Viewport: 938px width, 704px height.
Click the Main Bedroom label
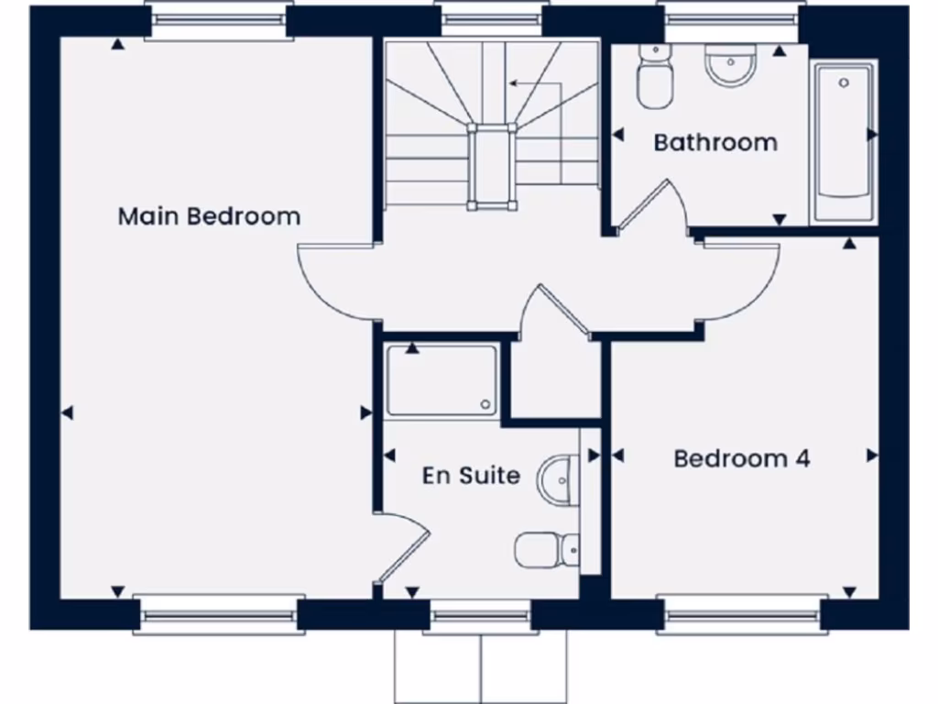pyautogui.click(x=209, y=217)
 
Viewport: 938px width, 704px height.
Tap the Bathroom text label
pyautogui.click(x=715, y=143)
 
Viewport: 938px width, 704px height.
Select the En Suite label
pyautogui.click(x=471, y=476)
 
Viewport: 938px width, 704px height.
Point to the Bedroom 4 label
pyautogui.click(x=742, y=458)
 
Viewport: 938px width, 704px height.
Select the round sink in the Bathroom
pyautogui.click(x=730, y=64)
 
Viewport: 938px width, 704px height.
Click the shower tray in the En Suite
pyautogui.click(x=442, y=379)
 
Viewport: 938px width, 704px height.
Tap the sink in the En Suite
pyautogui.click(x=558, y=479)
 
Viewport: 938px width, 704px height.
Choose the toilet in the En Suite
pyautogui.click(x=546, y=549)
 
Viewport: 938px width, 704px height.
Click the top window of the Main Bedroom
pyautogui.click(x=219, y=21)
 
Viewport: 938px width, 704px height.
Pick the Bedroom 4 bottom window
pyautogui.click(x=742, y=614)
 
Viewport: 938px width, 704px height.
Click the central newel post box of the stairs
pyautogui.click(x=492, y=168)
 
